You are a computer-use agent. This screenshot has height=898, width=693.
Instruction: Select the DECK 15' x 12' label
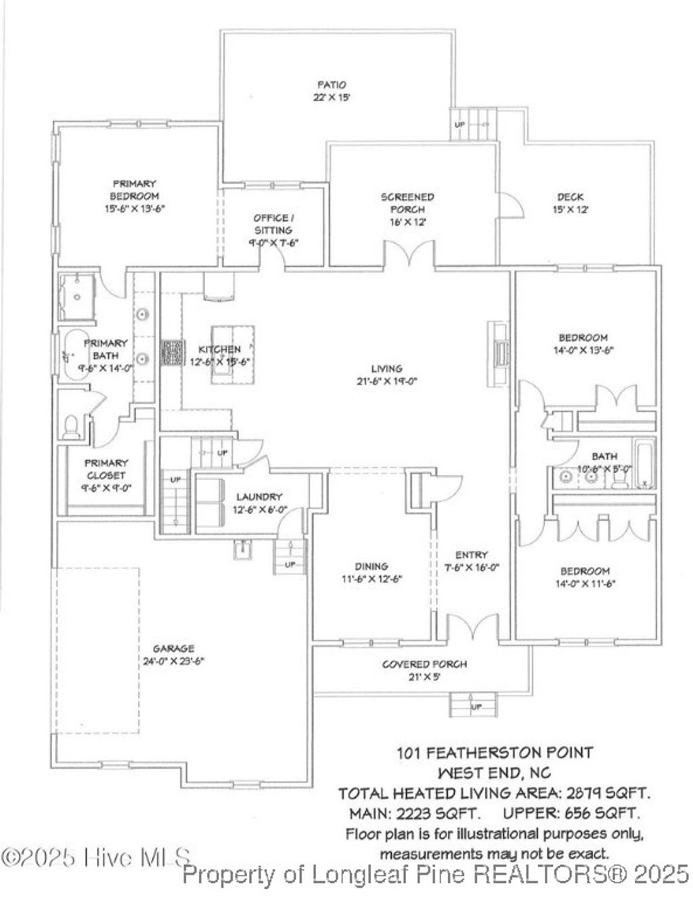[571, 203]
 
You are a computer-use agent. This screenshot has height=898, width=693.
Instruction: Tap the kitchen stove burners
[172, 352]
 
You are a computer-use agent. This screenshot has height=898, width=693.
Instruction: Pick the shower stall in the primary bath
[79, 295]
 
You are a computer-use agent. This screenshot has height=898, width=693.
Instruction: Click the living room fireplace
[500, 352]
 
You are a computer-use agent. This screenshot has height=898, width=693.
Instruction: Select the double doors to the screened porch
[409, 257]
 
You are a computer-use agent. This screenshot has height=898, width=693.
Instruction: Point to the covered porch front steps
[474, 705]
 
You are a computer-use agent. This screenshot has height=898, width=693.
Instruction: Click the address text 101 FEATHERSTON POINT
[494, 752]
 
